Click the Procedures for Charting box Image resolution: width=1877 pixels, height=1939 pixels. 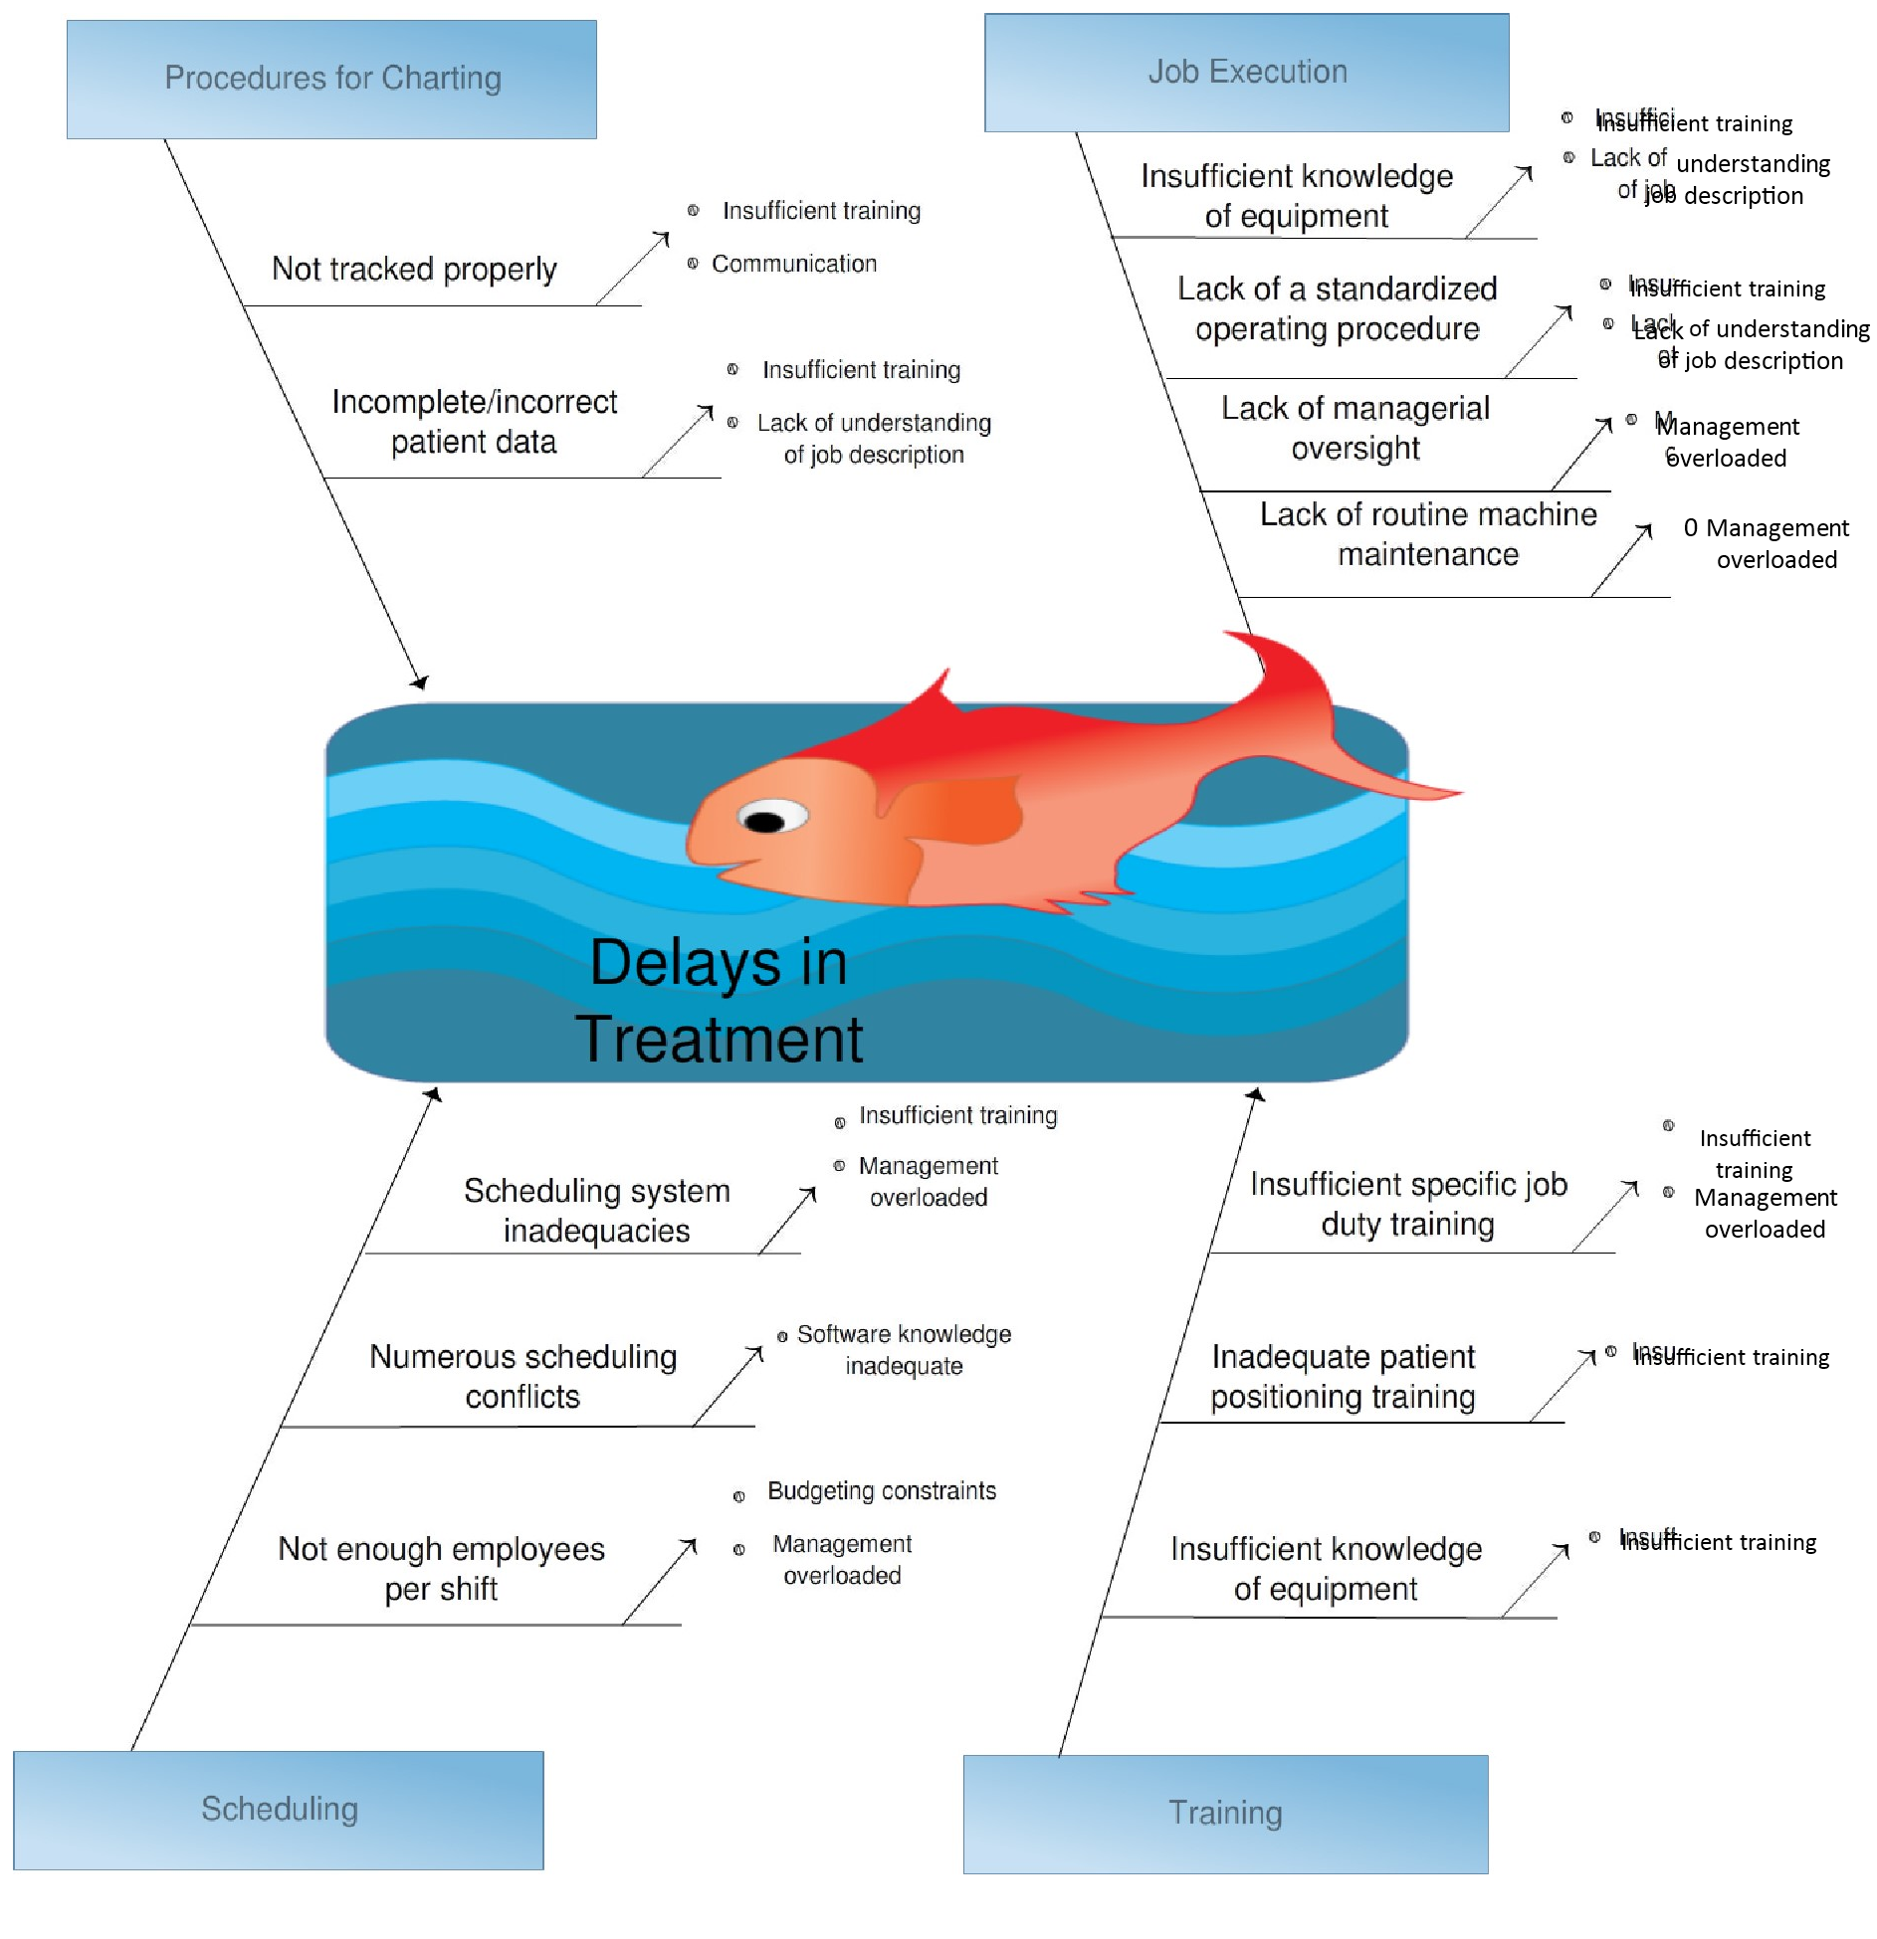click(x=331, y=79)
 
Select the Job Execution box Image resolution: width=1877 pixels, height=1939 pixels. click(x=1246, y=73)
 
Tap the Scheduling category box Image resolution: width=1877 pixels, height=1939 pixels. click(x=279, y=1809)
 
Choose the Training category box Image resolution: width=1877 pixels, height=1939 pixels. click(x=1225, y=1813)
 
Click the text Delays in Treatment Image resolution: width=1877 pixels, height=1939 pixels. click(x=719, y=1001)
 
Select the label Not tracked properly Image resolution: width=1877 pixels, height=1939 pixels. click(x=414, y=269)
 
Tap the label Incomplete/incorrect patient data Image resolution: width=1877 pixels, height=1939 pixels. click(x=474, y=422)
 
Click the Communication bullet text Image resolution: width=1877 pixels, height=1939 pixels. click(x=794, y=264)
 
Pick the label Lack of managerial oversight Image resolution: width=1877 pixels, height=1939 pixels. click(x=1355, y=428)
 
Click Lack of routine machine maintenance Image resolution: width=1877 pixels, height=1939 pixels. click(x=1428, y=534)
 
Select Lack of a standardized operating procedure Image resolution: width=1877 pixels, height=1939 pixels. click(x=1337, y=308)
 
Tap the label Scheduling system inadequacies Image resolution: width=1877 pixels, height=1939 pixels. click(x=596, y=1211)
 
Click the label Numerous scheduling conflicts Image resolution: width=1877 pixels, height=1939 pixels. click(x=522, y=1377)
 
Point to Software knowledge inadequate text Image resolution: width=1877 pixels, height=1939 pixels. click(x=904, y=1350)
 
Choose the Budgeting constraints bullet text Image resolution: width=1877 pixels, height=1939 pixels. click(x=882, y=1491)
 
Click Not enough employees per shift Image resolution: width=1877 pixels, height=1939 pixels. click(x=441, y=1569)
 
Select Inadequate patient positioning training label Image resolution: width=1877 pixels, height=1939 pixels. click(x=1343, y=1377)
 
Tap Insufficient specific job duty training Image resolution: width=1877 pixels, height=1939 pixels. click(x=1408, y=1204)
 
